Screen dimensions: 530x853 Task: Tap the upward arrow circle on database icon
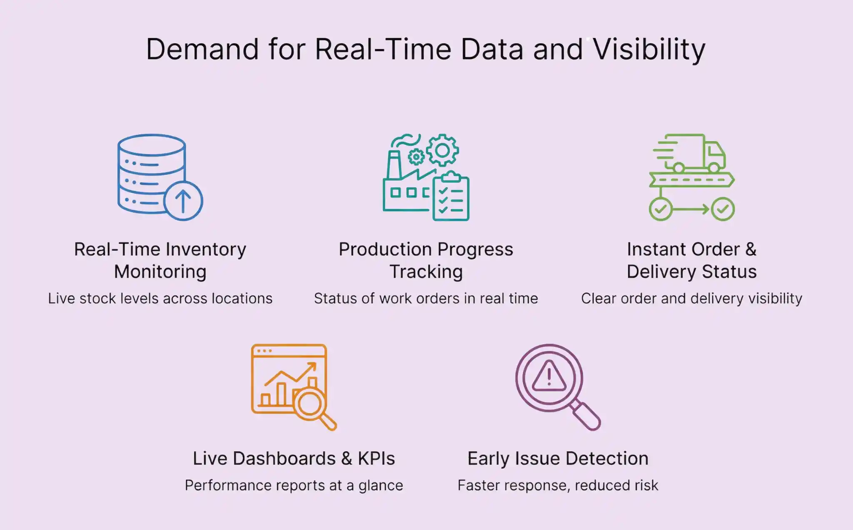click(183, 201)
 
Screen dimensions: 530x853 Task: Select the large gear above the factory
click(442, 150)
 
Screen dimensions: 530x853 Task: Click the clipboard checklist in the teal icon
click(451, 198)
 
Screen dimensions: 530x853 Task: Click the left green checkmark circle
click(661, 209)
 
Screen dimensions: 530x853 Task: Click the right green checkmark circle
click(723, 209)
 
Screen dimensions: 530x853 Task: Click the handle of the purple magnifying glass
click(586, 416)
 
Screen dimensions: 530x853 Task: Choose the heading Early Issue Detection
click(558, 458)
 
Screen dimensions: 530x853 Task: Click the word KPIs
click(376, 458)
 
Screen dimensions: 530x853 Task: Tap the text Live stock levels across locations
click(160, 299)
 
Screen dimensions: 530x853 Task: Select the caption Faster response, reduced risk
click(558, 485)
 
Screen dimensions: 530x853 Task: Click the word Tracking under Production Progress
click(426, 272)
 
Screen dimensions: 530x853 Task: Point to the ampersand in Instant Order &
click(751, 249)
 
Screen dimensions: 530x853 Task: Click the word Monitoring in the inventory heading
click(160, 272)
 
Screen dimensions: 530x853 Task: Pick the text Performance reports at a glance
click(294, 485)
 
